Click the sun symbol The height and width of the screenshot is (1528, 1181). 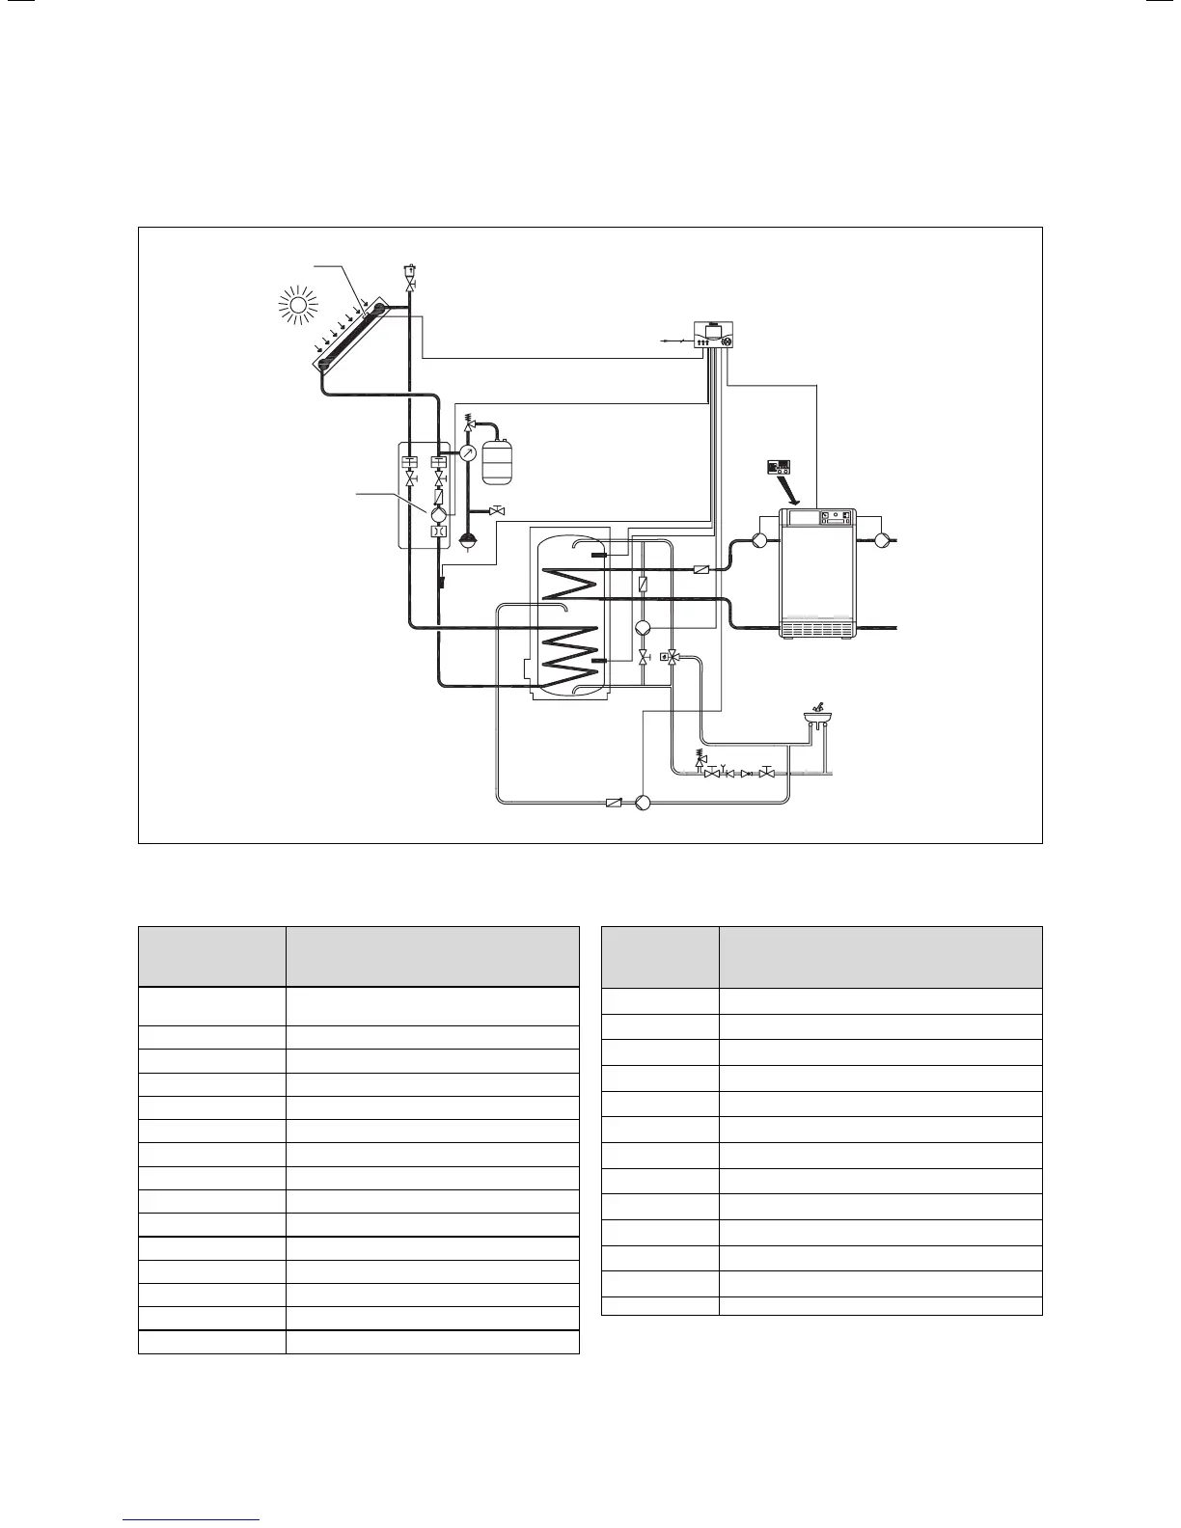click(296, 304)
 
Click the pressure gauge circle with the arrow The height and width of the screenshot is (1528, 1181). click(467, 452)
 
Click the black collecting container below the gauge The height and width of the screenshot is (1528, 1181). click(467, 541)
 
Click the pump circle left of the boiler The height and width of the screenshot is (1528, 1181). click(759, 540)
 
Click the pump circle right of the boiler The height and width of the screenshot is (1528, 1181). click(882, 540)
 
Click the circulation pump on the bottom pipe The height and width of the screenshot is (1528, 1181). click(645, 802)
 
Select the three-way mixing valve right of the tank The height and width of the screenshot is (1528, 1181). click(673, 657)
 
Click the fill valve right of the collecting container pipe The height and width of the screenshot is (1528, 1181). click(497, 510)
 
